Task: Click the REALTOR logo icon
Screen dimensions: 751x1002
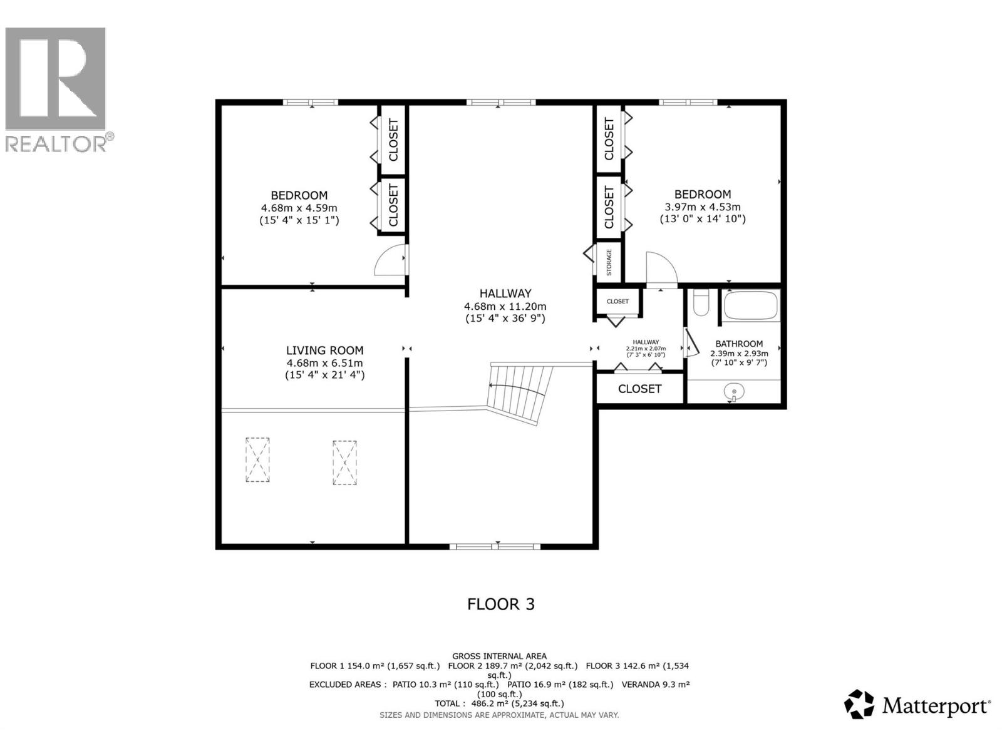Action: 55,79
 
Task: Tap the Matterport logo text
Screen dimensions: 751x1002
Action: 936,707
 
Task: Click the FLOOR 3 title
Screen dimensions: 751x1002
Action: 500,604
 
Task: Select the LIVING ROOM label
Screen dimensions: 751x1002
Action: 324,350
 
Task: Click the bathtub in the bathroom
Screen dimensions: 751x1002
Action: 751,306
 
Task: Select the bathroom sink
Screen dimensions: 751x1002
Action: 734,392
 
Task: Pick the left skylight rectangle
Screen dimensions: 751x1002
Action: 257,459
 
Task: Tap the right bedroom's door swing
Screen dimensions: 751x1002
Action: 660,269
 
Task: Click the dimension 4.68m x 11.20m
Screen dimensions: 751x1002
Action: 505,306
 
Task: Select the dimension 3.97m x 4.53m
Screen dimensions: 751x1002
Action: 702,207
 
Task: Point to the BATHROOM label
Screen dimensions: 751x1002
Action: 739,344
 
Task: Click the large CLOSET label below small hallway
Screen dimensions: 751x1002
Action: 639,389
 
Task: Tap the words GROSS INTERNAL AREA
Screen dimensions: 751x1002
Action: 499,656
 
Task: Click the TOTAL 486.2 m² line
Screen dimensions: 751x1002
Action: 499,703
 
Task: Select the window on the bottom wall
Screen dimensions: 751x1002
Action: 495,546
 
